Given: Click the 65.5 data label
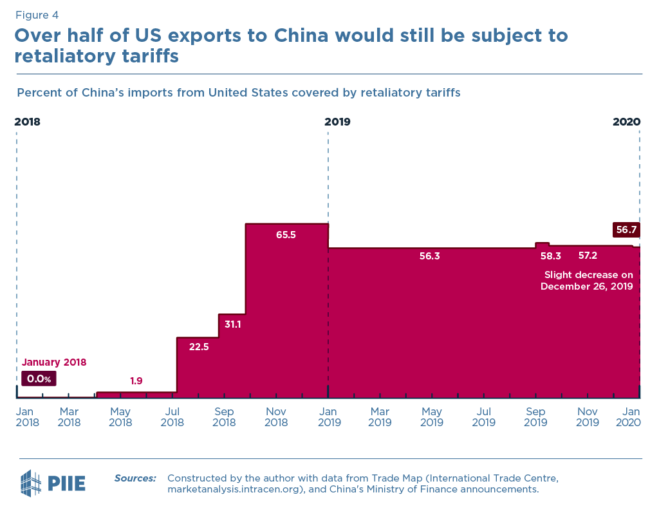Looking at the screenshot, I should (286, 235).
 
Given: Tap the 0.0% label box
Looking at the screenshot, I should (39, 379).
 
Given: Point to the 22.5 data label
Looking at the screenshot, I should (199, 346).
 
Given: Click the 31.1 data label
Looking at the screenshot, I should (232, 324).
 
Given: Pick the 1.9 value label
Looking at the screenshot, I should (136, 381).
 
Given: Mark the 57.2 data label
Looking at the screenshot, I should (588, 256).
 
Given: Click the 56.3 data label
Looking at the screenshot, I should (429, 256).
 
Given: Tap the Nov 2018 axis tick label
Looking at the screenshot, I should (276, 417).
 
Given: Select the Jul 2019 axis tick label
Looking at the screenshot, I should (483, 417).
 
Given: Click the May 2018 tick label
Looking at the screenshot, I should (120, 417).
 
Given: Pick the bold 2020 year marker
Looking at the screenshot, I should (626, 121).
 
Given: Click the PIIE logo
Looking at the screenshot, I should (53, 483).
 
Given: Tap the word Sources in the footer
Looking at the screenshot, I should (135, 478).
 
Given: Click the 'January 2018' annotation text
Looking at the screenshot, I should (54, 362).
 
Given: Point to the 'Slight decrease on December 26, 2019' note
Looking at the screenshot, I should (588, 281).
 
